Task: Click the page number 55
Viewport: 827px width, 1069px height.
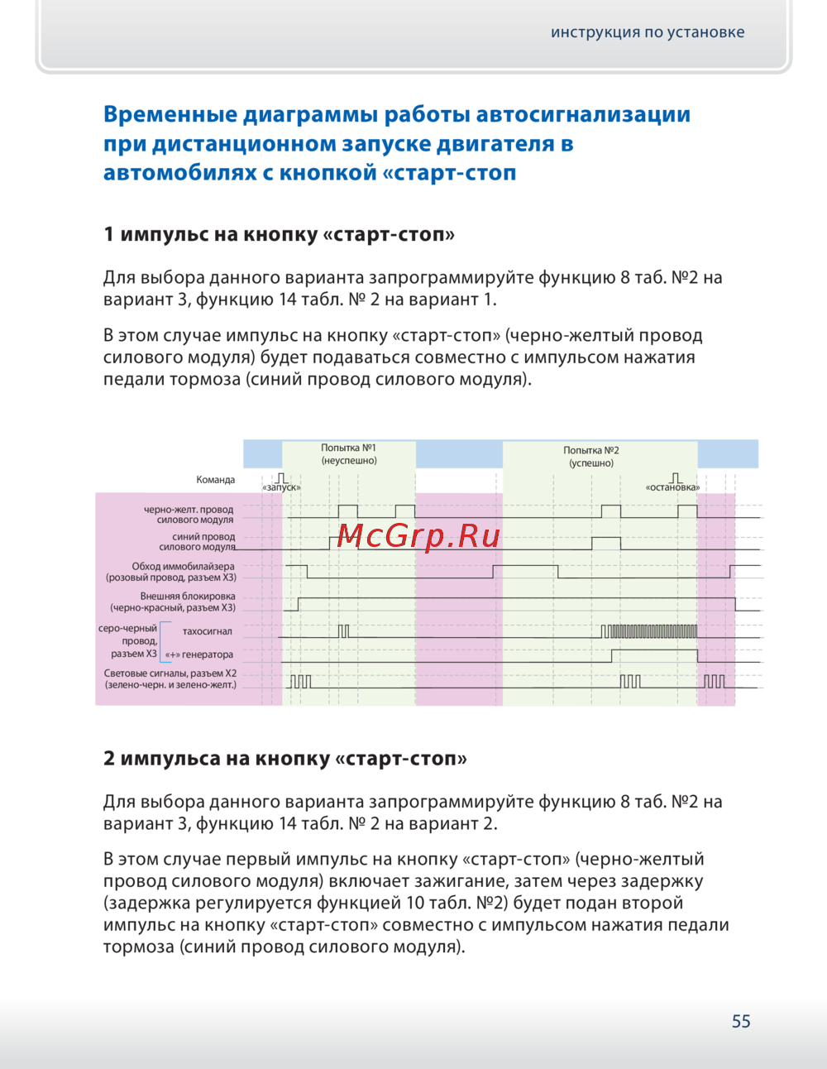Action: point(741,1022)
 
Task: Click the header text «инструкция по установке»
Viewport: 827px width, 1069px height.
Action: point(648,32)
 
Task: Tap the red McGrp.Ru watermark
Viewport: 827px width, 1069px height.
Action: point(418,536)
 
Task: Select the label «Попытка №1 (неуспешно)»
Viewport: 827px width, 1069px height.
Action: point(349,454)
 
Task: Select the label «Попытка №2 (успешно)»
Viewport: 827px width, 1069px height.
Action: point(591,457)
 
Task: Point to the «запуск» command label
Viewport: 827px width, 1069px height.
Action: point(282,487)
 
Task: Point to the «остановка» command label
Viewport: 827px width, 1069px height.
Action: point(672,487)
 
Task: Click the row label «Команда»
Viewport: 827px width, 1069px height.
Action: point(216,480)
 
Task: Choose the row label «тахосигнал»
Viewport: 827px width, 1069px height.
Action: point(208,631)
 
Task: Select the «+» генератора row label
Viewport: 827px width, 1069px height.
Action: point(199,654)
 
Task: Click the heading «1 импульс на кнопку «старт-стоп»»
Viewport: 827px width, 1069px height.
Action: point(279,234)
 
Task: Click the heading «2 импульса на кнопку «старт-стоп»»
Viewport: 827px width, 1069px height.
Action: point(284,759)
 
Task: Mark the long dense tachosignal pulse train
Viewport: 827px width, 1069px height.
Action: point(649,632)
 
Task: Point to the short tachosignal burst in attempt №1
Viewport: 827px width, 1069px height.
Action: point(343,631)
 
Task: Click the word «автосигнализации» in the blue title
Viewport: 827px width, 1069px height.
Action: point(583,114)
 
